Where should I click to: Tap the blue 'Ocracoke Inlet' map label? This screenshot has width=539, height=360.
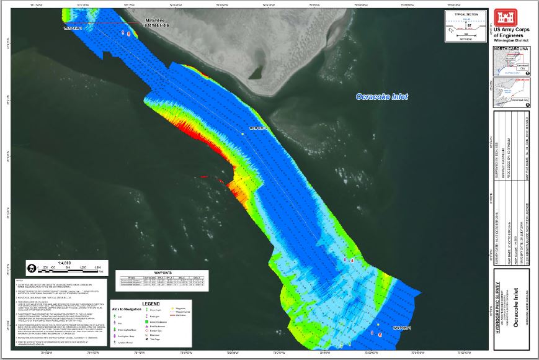[381, 97]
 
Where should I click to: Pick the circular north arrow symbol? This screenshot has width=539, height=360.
[30, 269]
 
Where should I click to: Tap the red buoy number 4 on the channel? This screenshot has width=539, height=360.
[352, 261]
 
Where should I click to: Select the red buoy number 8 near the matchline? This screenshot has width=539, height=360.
[128, 34]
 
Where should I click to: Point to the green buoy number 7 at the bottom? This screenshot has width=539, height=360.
[341, 345]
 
